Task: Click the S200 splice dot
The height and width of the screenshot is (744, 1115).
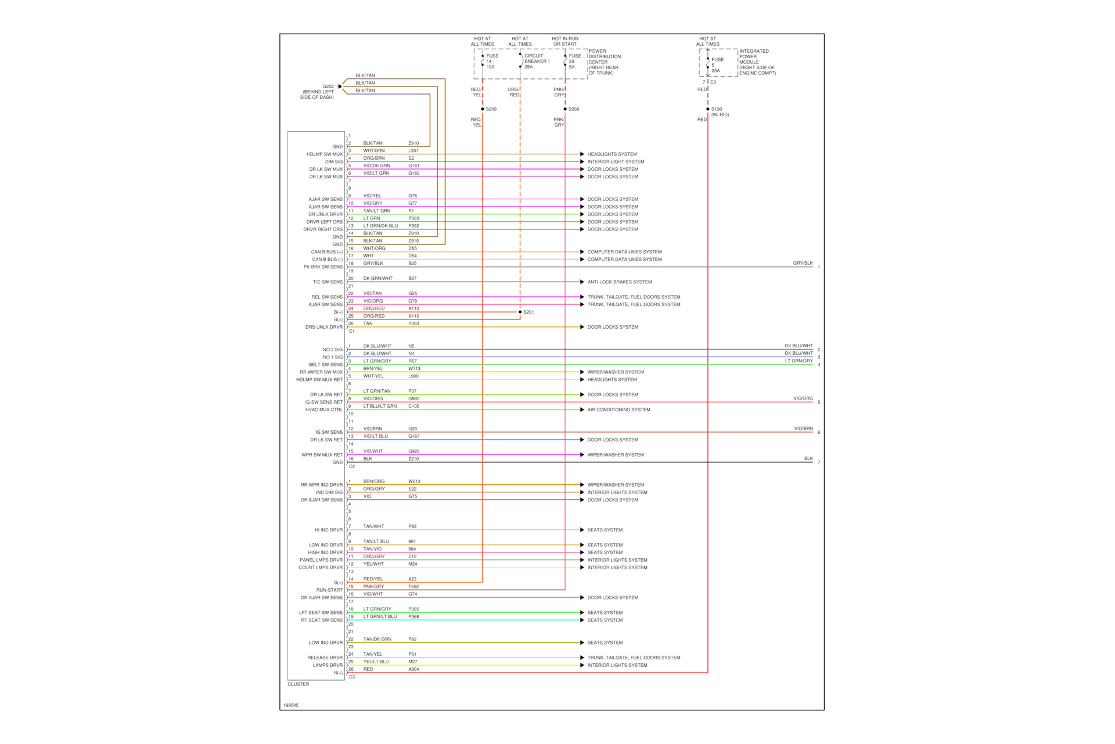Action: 483,109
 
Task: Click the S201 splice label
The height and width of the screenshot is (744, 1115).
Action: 528,312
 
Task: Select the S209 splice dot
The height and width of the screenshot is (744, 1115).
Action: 565,109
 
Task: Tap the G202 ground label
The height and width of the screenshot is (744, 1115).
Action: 328,87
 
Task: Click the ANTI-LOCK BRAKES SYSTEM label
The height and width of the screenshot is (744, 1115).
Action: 619,282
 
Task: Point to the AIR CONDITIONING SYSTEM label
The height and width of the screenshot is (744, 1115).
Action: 618,410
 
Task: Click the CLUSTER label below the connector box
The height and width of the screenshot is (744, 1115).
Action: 298,684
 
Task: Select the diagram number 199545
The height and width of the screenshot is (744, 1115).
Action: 291,706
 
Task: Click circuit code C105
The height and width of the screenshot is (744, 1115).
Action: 413,407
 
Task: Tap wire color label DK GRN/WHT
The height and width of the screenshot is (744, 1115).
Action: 378,279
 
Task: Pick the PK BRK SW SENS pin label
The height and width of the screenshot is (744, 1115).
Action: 323,267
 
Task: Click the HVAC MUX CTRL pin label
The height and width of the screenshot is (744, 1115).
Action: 324,410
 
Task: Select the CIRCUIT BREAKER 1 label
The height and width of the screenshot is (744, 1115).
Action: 537,61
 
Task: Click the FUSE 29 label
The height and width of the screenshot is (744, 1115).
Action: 574,61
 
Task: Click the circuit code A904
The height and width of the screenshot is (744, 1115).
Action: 413,670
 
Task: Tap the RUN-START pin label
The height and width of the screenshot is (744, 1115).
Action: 329,590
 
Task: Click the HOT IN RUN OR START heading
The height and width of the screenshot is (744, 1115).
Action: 565,41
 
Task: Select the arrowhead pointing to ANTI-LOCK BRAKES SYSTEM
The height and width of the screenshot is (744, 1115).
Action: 582,282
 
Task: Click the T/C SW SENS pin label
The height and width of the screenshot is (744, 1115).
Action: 328,282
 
